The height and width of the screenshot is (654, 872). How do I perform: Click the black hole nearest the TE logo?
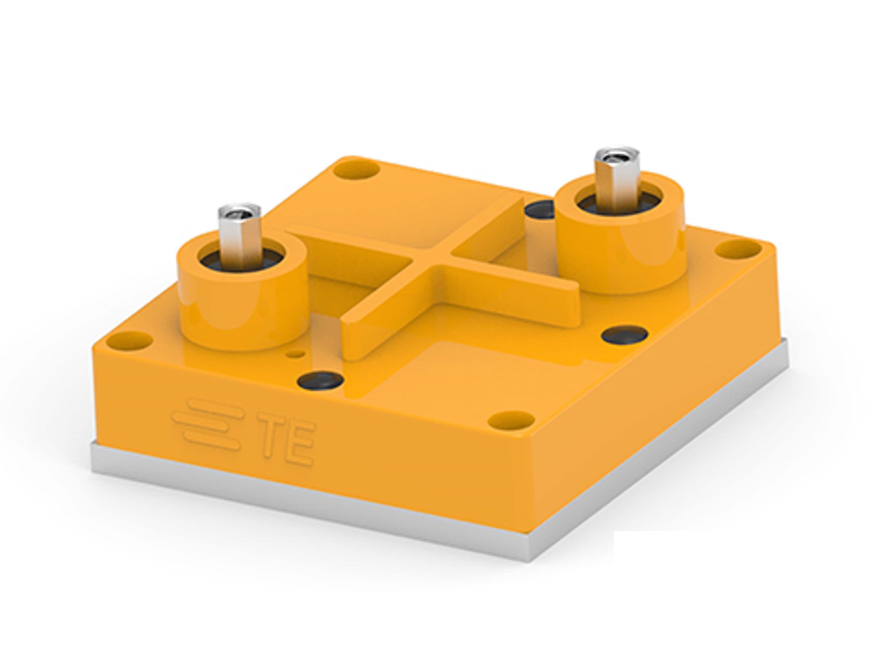tap(320, 381)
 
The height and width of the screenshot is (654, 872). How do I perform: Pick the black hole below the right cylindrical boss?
tap(624, 334)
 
